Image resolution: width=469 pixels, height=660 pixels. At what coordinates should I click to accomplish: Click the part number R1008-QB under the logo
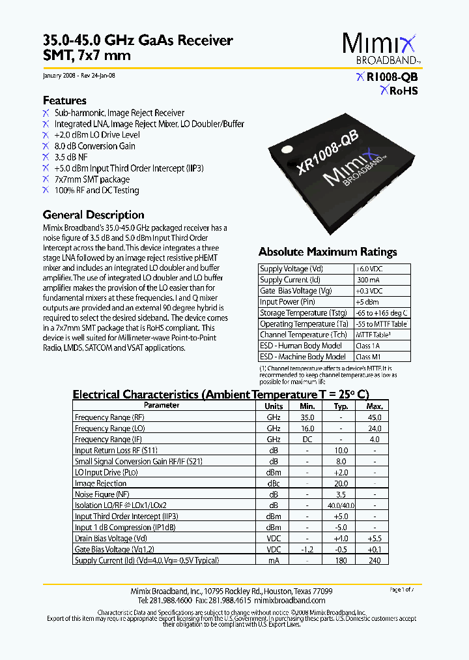(x=392, y=77)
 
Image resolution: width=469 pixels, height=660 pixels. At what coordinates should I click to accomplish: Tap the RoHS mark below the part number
(x=399, y=91)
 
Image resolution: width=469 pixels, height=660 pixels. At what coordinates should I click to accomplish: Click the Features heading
(x=64, y=100)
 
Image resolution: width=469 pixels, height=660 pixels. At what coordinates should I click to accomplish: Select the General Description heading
(x=93, y=215)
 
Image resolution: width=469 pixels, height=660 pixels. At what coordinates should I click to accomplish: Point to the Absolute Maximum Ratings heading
(x=327, y=252)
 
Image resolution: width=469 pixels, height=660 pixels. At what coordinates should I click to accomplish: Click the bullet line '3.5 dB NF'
(x=71, y=157)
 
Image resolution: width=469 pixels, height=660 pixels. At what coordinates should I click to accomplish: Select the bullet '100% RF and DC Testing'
(x=96, y=190)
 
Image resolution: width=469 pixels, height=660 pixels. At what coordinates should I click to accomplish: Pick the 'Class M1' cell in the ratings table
(x=369, y=357)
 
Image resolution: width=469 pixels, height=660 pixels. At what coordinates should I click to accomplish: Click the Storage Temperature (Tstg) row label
(x=303, y=313)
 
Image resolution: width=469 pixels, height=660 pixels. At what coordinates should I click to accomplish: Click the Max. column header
(x=374, y=406)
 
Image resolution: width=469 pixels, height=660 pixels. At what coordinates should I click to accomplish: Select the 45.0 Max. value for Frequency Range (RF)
(x=374, y=417)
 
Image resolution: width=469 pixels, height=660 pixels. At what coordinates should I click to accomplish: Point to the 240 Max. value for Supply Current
(x=374, y=561)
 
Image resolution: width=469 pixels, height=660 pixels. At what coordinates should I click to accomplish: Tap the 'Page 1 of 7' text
(x=401, y=590)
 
